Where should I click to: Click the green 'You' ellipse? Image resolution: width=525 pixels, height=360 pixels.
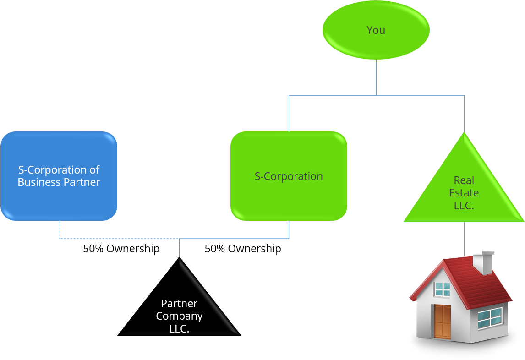click(376, 30)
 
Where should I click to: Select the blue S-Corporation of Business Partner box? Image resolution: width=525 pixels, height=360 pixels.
click(59, 176)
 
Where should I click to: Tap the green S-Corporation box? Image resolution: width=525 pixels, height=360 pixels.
click(289, 176)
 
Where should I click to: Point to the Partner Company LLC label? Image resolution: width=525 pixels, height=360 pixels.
click(179, 316)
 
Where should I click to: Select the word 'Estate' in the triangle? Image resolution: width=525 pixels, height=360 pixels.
click(464, 193)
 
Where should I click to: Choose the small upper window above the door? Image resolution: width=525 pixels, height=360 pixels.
click(443, 289)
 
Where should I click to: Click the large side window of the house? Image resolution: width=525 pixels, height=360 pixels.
click(490, 318)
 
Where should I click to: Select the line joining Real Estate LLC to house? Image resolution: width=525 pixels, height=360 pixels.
click(464, 238)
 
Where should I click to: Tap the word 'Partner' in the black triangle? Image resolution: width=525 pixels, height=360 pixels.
click(179, 304)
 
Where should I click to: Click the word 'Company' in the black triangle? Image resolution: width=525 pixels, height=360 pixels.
click(179, 316)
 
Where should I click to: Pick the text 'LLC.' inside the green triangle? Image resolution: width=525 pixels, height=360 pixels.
click(464, 206)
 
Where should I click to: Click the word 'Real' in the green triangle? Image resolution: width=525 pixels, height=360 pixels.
click(464, 180)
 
